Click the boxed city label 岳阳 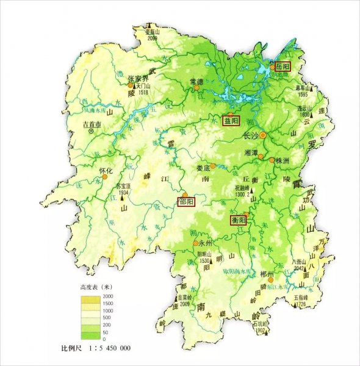282,66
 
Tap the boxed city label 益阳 231,120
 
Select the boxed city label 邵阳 185,202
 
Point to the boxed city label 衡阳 237,220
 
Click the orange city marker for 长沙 263,135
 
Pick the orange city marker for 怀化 105,177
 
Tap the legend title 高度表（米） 96,287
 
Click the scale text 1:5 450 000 104,348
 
